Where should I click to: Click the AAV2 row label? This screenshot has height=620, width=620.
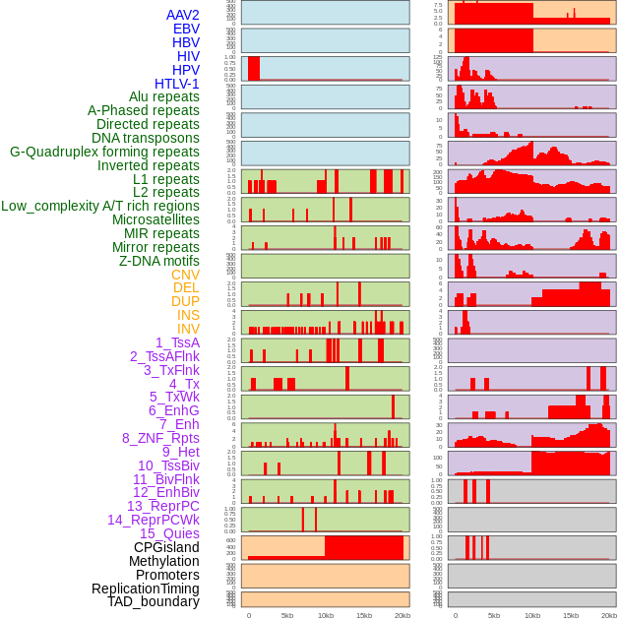(182, 15)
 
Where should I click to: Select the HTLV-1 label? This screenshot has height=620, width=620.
(176, 84)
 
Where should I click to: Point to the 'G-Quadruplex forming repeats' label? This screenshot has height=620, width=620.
(104, 152)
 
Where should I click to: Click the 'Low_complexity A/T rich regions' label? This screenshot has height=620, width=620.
(100, 206)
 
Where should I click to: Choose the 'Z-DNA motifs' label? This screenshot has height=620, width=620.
(158, 261)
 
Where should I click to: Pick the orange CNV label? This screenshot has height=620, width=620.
(185, 275)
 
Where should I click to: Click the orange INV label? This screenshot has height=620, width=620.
(188, 329)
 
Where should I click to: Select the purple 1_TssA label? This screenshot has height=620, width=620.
(177, 342)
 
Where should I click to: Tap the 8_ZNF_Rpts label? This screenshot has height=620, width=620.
(160, 438)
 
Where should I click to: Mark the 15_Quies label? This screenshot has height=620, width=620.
(168, 533)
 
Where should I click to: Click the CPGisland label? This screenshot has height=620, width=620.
(166, 547)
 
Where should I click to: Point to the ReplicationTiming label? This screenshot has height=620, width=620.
(145, 589)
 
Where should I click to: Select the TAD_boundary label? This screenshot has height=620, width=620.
(153, 601)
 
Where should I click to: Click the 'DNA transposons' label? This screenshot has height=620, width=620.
(146, 138)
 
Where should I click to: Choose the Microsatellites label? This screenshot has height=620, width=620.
(155, 219)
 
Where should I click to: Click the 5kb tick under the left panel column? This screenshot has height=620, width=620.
(287, 615)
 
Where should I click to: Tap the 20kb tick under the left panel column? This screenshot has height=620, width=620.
(403, 615)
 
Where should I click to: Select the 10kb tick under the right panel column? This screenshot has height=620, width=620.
(532, 615)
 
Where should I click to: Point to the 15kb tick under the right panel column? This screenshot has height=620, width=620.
(571, 615)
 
